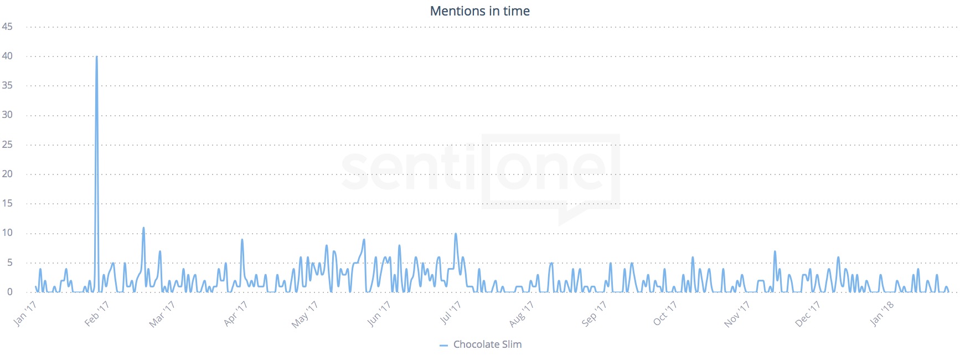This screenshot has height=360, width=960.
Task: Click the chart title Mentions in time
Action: coord(479,11)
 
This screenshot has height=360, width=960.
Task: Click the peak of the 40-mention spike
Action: coord(97,56)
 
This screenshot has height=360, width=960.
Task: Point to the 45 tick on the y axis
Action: coord(7,27)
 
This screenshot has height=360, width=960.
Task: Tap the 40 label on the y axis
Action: coord(7,56)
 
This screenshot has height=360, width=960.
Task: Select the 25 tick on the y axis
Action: coord(7,145)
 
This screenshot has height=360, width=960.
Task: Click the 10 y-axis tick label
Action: coord(7,233)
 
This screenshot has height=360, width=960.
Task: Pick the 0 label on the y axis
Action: coord(9,292)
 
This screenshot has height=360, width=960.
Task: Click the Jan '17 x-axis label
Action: coord(25,313)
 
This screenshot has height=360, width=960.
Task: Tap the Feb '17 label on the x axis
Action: coord(97,313)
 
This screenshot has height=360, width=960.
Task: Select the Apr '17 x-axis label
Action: coord(235,313)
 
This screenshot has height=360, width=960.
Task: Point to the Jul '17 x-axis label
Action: coord(450,313)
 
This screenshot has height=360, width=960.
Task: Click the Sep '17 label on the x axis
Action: coord(594,313)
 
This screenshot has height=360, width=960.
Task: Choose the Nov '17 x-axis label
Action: coord(737,314)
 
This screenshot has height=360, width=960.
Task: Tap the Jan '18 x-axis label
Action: coord(881,313)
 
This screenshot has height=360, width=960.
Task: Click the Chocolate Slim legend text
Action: coord(487,344)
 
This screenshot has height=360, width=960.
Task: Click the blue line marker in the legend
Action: coord(443,345)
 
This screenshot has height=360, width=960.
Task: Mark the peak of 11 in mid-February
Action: coord(143,228)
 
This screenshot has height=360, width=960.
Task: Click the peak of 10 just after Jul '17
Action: coord(456,234)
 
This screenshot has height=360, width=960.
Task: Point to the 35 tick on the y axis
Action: coord(7,85)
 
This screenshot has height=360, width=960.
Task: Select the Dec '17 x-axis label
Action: coord(808,314)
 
